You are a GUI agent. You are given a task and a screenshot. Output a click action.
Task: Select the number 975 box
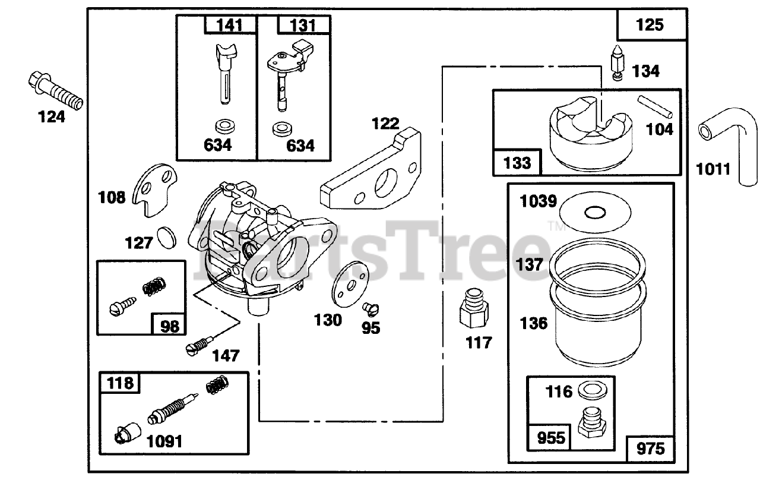pyautogui.click(x=650, y=448)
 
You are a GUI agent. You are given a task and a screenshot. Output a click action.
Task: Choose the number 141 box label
pyautogui.click(x=231, y=25)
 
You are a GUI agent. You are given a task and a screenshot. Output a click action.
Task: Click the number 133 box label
pyautogui.click(x=517, y=162)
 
